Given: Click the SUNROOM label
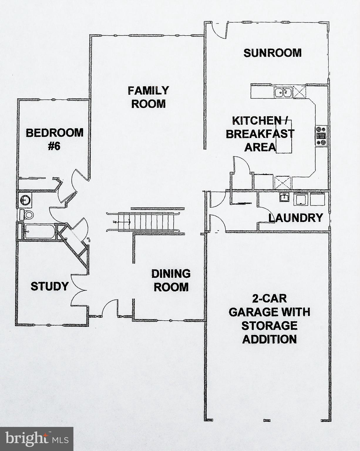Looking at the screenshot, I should pos(272,53).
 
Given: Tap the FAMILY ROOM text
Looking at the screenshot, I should pos(148,97).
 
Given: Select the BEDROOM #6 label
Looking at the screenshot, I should pos(55,139).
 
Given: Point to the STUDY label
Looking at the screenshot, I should pos(50,286).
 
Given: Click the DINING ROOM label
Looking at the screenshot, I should pos(171,280).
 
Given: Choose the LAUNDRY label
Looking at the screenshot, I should pos(296,218).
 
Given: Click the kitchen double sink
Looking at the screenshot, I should pos(283,92).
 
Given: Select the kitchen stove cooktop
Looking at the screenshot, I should pos(321,135).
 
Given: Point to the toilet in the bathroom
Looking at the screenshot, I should pos(26,214).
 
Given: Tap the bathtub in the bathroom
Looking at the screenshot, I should pos(40,232).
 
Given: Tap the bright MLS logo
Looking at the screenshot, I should pos(36,439).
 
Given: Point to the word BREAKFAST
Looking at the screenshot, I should pos(260,134).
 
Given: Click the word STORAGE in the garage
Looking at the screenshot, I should pos(269,326).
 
